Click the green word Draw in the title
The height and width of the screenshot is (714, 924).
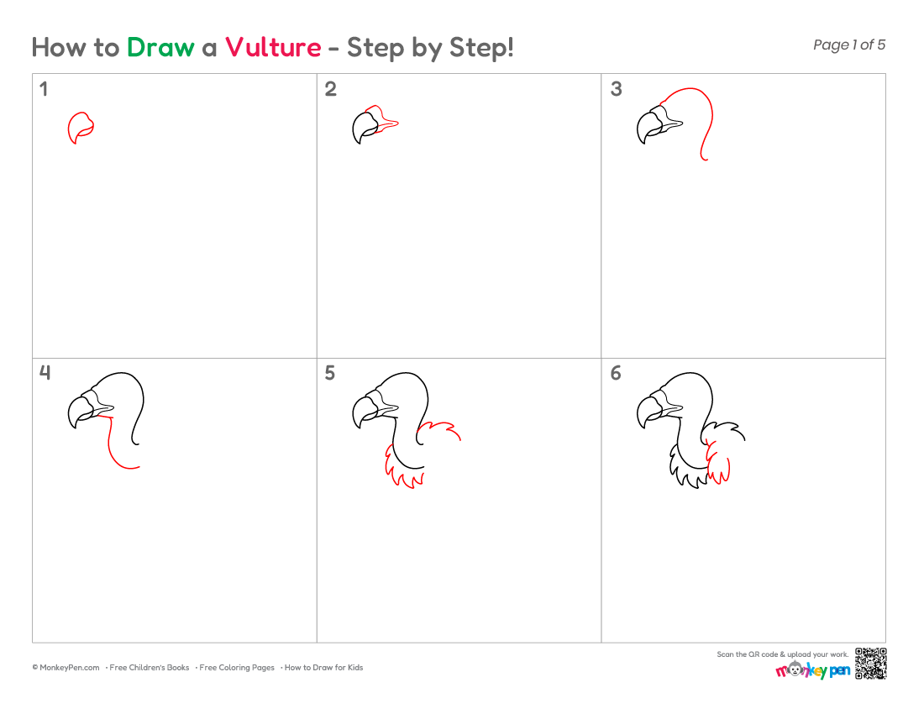point(160,47)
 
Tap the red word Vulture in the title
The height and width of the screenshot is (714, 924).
point(273,47)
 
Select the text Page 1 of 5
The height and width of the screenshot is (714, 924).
point(849,45)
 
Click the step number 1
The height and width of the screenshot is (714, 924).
point(43,89)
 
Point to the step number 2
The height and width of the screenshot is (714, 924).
point(331,89)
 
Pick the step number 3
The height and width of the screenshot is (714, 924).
point(616,89)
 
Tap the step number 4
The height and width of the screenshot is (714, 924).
point(45,372)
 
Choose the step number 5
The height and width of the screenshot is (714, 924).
point(330,373)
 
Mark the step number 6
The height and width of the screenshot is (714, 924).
point(616,373)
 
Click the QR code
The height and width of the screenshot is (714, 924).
point(871,664)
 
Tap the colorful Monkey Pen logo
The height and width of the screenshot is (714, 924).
point(812,669)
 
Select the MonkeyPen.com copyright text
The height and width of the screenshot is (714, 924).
point(66,668)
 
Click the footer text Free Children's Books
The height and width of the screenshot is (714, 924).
point(149,668)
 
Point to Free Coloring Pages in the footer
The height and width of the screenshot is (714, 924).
point(237,668)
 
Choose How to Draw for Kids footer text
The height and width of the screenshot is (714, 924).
point(323,668)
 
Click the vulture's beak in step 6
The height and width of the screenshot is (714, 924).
point(648,412)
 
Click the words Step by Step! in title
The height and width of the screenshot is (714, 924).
point(430,48)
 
